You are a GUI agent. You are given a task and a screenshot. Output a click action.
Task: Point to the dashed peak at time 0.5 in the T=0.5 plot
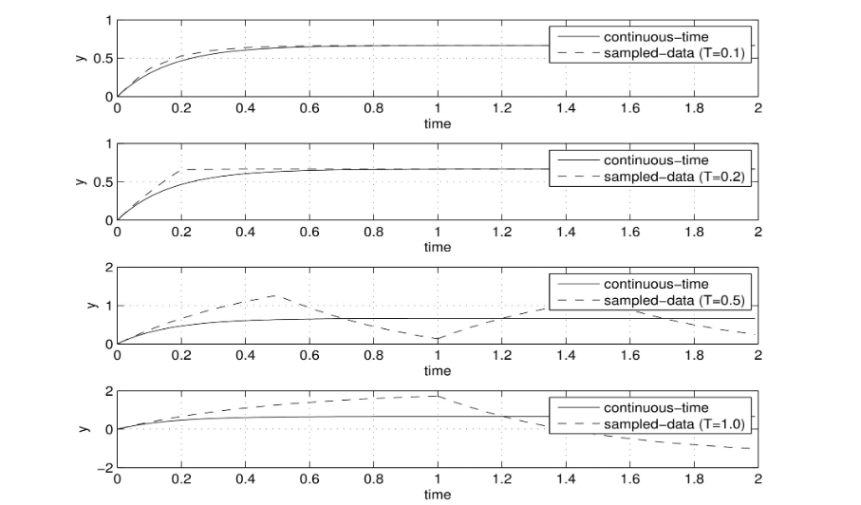275,295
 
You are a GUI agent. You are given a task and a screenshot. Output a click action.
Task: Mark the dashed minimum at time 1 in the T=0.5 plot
438,338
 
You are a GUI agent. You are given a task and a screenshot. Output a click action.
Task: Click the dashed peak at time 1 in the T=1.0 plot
438,396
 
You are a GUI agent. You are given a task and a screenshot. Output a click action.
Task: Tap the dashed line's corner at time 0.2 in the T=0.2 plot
181,170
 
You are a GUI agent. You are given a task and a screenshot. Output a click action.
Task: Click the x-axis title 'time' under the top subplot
438,123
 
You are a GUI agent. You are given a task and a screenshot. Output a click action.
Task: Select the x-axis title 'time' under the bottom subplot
438,494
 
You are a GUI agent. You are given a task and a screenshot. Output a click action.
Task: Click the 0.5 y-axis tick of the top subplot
102,58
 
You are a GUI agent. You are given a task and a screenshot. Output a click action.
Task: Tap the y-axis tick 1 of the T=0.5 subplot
107,306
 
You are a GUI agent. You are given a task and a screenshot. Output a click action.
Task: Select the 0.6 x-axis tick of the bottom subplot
309,478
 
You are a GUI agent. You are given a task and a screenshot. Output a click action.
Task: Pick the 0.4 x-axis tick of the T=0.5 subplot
246,355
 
